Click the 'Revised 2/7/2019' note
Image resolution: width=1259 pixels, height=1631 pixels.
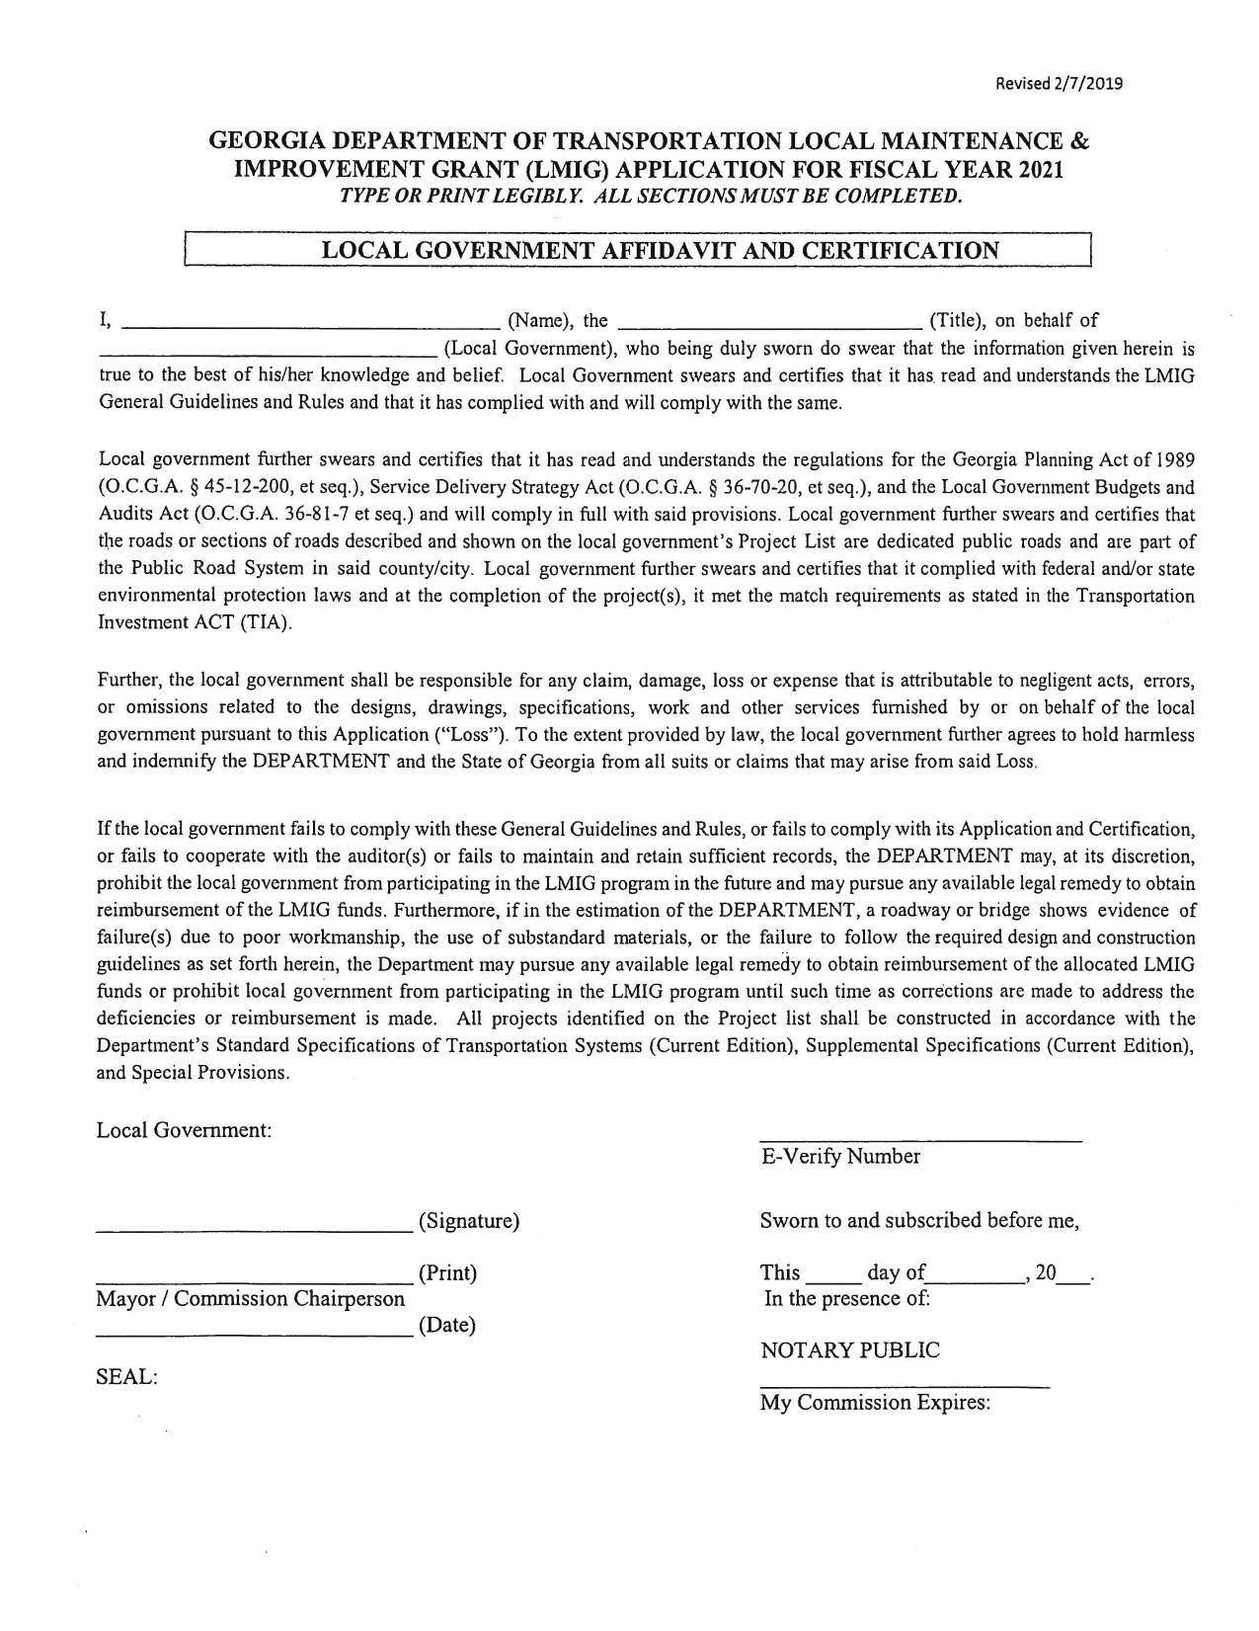(x=1059, y=83)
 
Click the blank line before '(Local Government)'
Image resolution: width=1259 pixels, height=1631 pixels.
(x=269, y=351)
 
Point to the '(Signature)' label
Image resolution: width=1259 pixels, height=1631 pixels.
(x=469, y=1221)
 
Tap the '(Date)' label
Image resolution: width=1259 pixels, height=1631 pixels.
(x=447, y=1326)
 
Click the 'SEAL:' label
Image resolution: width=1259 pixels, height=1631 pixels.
(x=127, y=1376)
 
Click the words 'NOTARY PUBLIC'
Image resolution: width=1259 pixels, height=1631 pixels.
(x=850, y=1350)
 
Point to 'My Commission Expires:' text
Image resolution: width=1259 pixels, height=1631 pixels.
(x=875, y=1403)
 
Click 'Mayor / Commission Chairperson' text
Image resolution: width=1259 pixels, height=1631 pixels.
(x=250, y=1299)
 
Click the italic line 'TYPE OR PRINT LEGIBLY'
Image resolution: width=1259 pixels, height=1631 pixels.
(x=650, y=196)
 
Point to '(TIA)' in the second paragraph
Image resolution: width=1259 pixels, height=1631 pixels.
(x=267, y=624)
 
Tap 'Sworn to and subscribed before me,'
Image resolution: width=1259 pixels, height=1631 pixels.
(x=919, y=1221)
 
